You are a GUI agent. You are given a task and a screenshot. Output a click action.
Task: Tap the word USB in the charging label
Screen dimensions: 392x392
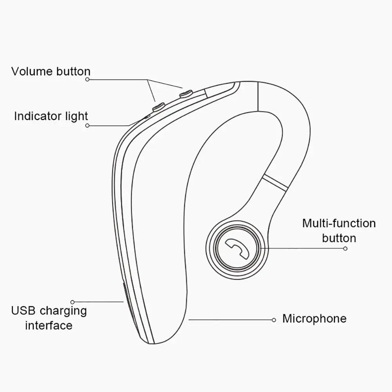pyautogui.click(x=24, y=311)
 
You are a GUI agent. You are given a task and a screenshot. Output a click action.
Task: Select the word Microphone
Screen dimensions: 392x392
pyautogui.click(x=314, y=318)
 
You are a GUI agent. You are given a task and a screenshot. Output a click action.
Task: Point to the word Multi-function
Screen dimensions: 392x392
pyautogui.click(x=339, y=224)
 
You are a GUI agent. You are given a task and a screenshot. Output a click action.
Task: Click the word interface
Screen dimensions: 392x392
pyautogui.click(x=49, y=325)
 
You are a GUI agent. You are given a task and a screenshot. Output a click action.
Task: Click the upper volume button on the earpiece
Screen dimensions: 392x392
pyautogui.click(x=185, y=94)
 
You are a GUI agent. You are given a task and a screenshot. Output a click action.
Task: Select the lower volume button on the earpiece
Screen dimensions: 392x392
pyautogui.click(x=158, y=106)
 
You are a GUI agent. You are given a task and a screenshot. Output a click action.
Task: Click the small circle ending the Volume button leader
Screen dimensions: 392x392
pyautogui.click(x=87, y=79)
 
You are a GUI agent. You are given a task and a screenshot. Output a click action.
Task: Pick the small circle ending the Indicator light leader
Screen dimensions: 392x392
pyautogui.click(x=87, y=126)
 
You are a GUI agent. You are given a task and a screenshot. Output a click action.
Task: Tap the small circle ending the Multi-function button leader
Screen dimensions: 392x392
pyautogui.click(x=345, y=248)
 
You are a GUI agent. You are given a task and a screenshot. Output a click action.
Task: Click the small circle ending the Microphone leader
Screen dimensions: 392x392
pyautogui.click(x=274, y=320)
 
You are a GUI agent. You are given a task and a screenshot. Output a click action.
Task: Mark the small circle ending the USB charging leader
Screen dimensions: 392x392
pyautogui.click(x=72, y=302)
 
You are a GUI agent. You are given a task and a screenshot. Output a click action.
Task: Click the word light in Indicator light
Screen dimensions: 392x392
pyautogui.click(x=77, y=116)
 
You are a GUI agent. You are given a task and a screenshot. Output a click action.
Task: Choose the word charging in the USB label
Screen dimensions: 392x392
pyautogui.click(x=63, y=311)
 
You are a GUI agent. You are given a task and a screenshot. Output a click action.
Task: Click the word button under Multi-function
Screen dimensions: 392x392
pyautogui.click(x=339, y=238)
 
